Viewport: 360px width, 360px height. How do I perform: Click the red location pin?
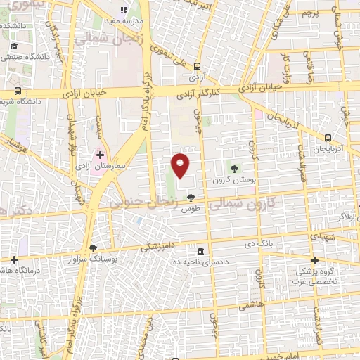coord(181,165)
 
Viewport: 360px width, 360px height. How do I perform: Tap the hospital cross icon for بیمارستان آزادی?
coord(100,155)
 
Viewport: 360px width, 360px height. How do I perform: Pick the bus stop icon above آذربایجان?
coord(328,138)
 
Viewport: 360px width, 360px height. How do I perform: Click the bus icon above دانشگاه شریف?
coord(18,91)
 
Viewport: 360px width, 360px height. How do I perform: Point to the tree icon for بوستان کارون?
coord(234,168)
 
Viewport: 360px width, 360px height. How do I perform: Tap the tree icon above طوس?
coord(191,198)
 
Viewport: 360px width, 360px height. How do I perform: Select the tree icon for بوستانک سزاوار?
coord(94,247)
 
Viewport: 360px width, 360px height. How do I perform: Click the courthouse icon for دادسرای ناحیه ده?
coord(201,251)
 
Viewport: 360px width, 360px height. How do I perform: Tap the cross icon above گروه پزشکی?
coord(315,259)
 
